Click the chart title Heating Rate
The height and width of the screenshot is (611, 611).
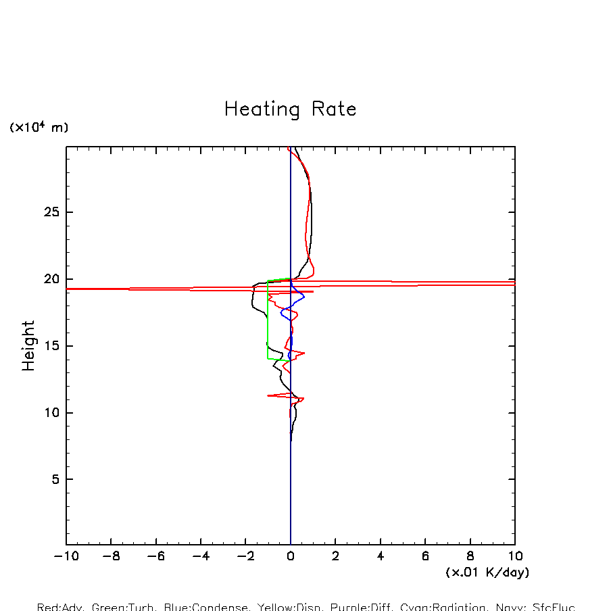[290, 109]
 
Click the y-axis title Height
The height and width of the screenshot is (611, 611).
[28, 345]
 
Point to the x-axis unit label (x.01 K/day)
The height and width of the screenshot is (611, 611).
[487, 572]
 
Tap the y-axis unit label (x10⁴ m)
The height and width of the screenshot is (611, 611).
[39, 127]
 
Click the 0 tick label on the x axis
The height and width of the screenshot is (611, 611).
[291, 556]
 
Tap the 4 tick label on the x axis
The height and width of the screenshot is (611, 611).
[381, 556]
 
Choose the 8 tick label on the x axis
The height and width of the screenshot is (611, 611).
[470, 556]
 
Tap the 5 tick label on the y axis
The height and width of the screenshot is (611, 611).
[48, 479]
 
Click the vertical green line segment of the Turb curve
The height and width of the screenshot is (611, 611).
[268, 318]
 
